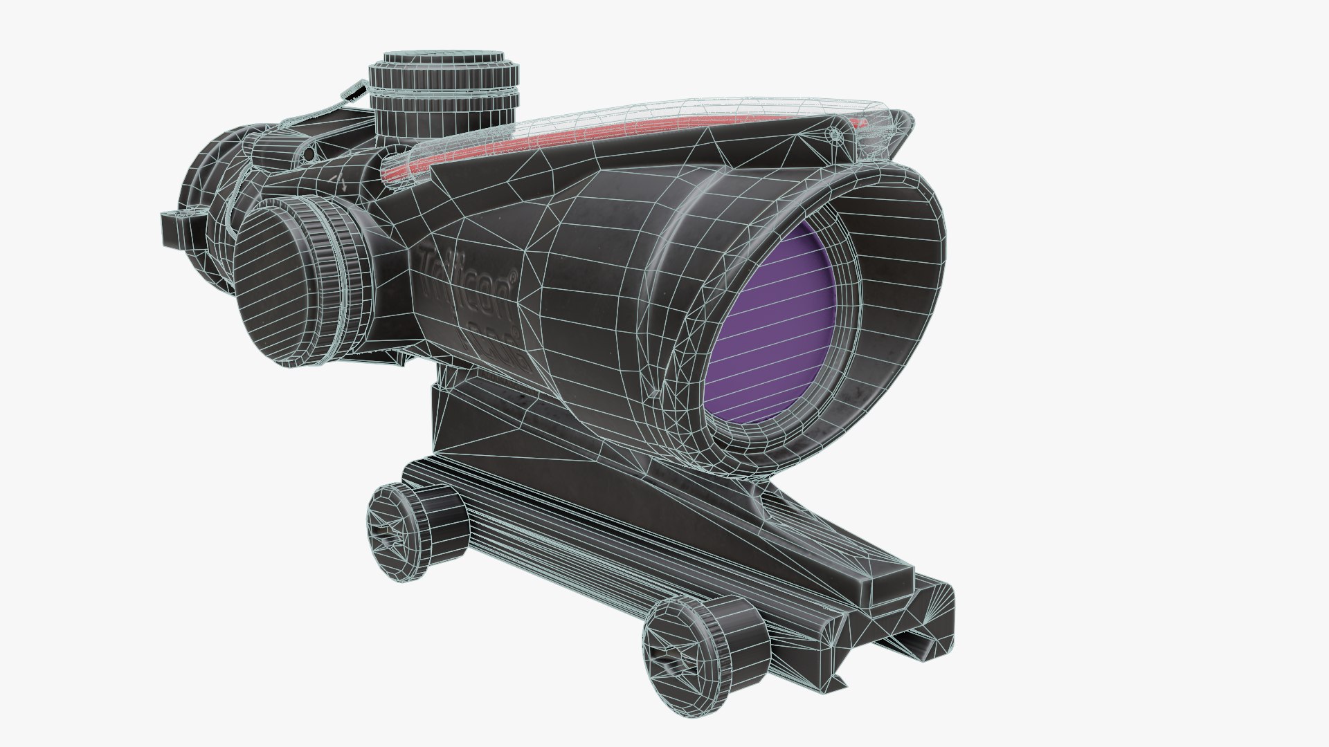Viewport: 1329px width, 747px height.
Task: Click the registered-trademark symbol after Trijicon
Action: click(x=513, y=276)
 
